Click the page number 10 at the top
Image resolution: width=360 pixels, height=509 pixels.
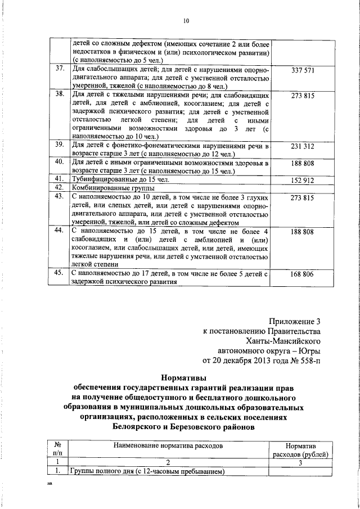(186, 21)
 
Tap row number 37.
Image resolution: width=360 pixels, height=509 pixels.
(58, 69)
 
